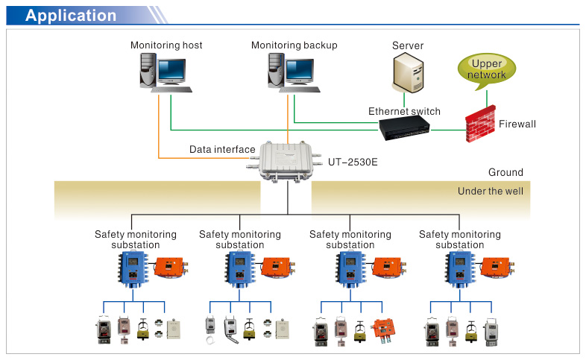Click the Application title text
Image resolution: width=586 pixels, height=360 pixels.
[x=71, y=16]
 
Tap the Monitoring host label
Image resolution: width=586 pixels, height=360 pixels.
[x=166, y=45]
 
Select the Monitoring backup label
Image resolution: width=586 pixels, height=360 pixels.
[x=294, y=45]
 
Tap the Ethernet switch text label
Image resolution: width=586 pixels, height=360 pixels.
[x=404, y=112]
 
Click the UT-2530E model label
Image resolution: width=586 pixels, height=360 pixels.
[x=353, y=161]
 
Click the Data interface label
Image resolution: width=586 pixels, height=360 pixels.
[x=222, y=150]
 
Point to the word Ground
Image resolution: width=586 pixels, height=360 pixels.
[x=505, y=173]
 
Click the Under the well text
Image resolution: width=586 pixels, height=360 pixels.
[x=490, y=192]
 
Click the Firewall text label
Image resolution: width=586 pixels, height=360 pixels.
[x=517, y=124]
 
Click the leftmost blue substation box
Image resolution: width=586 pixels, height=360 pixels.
[x=132, y=268]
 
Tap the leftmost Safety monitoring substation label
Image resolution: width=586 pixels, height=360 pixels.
[x=136, y=239]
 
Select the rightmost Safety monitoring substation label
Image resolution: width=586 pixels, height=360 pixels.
[x=460, y=239]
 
